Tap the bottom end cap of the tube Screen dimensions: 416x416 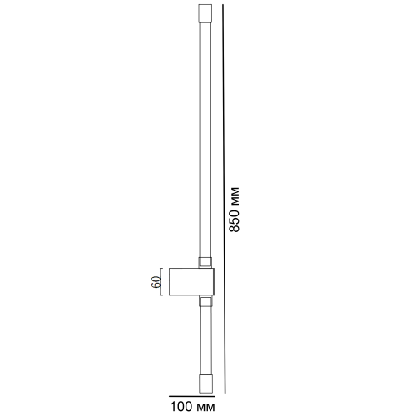[x=205, y=382]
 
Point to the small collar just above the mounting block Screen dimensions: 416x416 [x=205, y=263]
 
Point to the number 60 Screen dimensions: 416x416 [x=156, y=281]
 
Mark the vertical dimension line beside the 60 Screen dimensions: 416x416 [x=163, y=280]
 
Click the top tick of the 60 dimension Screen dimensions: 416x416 [x=163, y=268]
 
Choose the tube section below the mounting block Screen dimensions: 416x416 [x=205, y=337]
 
